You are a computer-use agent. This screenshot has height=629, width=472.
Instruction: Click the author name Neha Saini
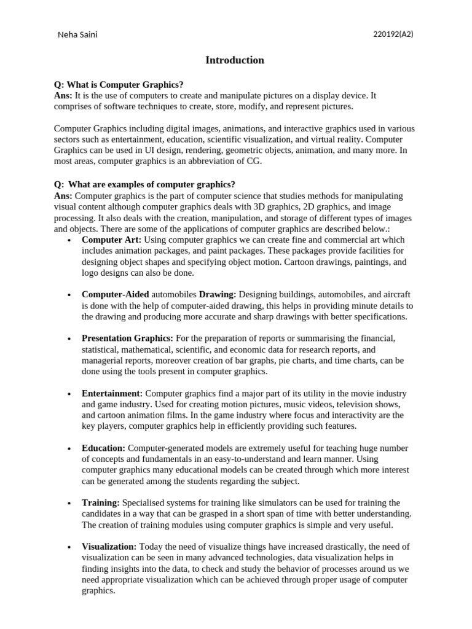[x=77, y=35]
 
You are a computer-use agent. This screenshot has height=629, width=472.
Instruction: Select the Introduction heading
[x=235, y=60]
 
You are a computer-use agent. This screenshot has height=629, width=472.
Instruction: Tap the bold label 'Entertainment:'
[x=112, y=393]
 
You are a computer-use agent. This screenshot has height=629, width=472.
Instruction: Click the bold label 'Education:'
[x=103, y=448]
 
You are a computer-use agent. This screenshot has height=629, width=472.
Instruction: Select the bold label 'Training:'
[x=101, y=503]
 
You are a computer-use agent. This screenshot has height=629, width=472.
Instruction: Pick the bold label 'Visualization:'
[x=109, y=546]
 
